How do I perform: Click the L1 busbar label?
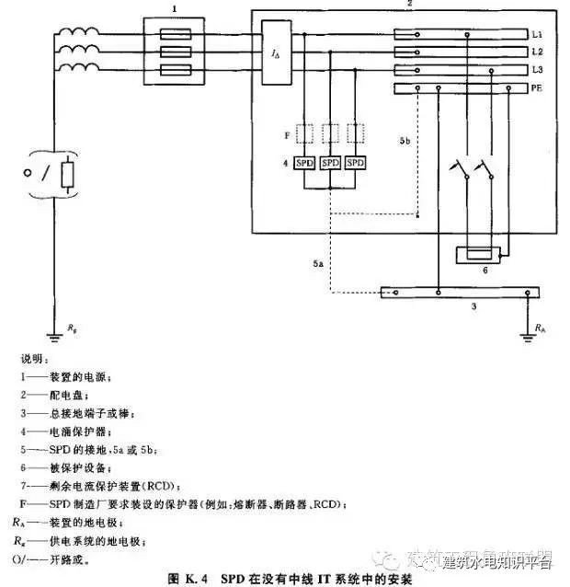[x=537, y=35]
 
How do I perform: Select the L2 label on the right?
[x=537, y=52]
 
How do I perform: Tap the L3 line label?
[x=537, y=71]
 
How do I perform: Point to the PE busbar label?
[x=537, y=88]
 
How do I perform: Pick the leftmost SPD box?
[x=306, y=163]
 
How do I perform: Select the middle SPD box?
[x=331, y=163]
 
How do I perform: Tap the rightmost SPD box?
[x=355, y=163]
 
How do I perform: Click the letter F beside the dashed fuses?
[x=286, y=136]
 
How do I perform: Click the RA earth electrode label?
[x=540, y=326]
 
